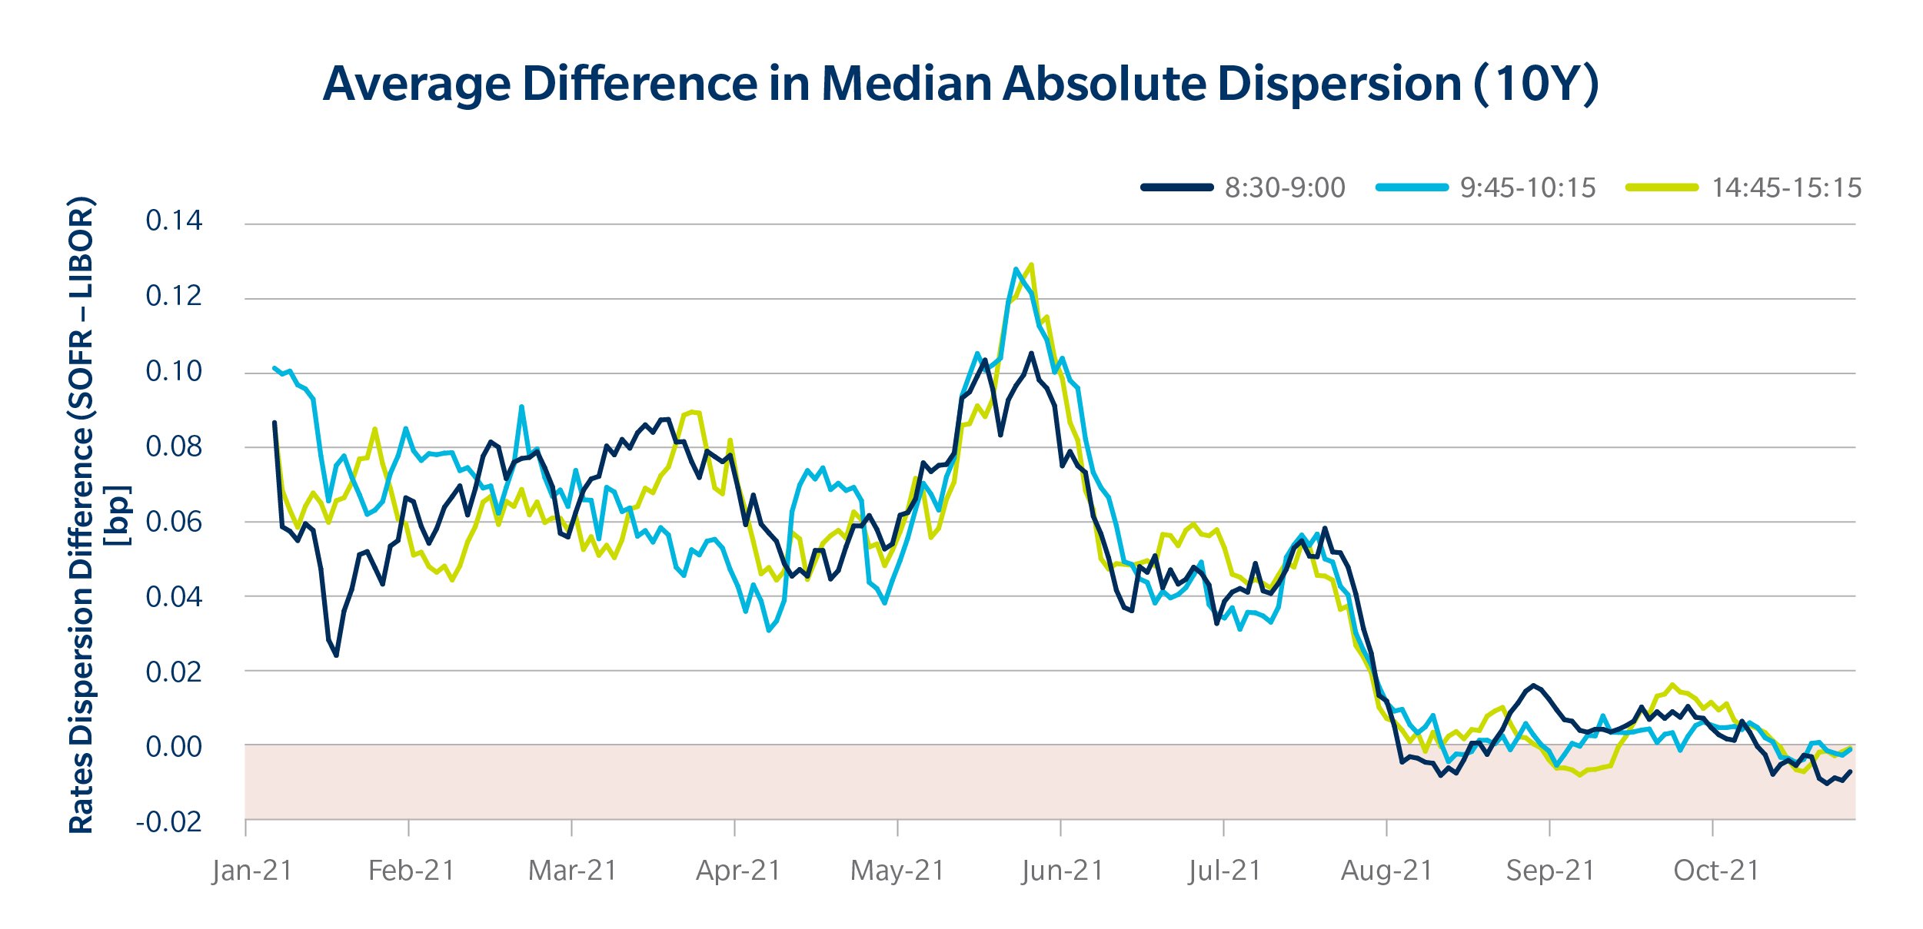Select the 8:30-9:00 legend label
coord(1285,187)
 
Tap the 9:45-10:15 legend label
coord(1528,187)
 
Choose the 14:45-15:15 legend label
coord(1786,187)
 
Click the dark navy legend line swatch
coord(1176,187)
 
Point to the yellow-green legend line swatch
coord(1662,187)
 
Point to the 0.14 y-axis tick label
coord(174,221)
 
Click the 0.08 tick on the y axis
coord(174,446)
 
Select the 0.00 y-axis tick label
coord(174,747)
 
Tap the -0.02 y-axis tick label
coord(169,822)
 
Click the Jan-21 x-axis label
coord(252,871)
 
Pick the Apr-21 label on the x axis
coord(738,871)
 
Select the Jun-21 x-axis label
coord(1063,871)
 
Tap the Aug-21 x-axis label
coord(1387,871)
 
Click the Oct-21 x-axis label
coord(1716,871)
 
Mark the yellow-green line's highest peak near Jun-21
coord(1031,264)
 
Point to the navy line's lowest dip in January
coord(336,655)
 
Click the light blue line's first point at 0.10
coord(275,368)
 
